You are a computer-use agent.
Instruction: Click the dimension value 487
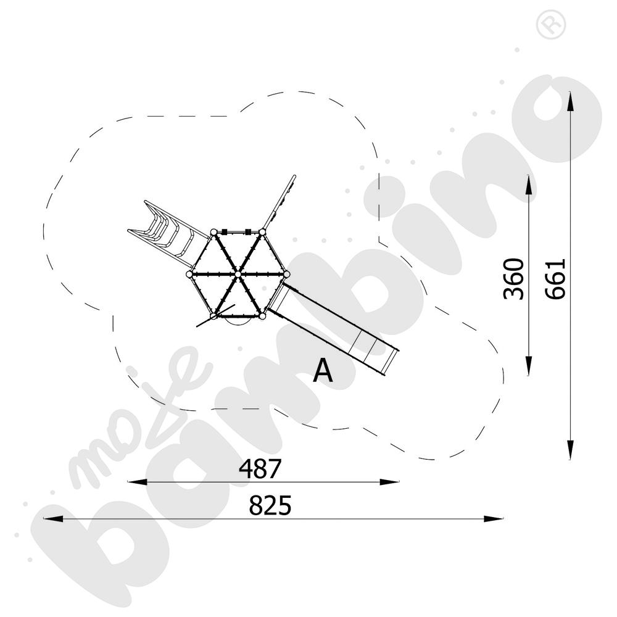point(260,469)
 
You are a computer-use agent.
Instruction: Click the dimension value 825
point(270,506)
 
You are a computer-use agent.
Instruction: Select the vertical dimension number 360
point(514,279)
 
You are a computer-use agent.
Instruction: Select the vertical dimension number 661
point(555,279)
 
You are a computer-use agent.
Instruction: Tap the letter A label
point(323,371)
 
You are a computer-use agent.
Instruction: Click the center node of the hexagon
point(238,273)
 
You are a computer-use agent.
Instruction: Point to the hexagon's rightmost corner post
point(286,273)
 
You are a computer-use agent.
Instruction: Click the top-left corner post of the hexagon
point(213,232)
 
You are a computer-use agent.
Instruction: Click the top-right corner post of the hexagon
point(262,232)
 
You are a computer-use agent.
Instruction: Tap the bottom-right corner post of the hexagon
point(262,316)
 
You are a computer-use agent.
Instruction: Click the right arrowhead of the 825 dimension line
point(497,519)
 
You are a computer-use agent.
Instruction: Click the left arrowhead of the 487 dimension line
point(133,482)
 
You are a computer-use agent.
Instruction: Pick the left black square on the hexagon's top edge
point(225,232)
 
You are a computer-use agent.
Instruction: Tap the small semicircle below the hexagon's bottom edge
point(238,320)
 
